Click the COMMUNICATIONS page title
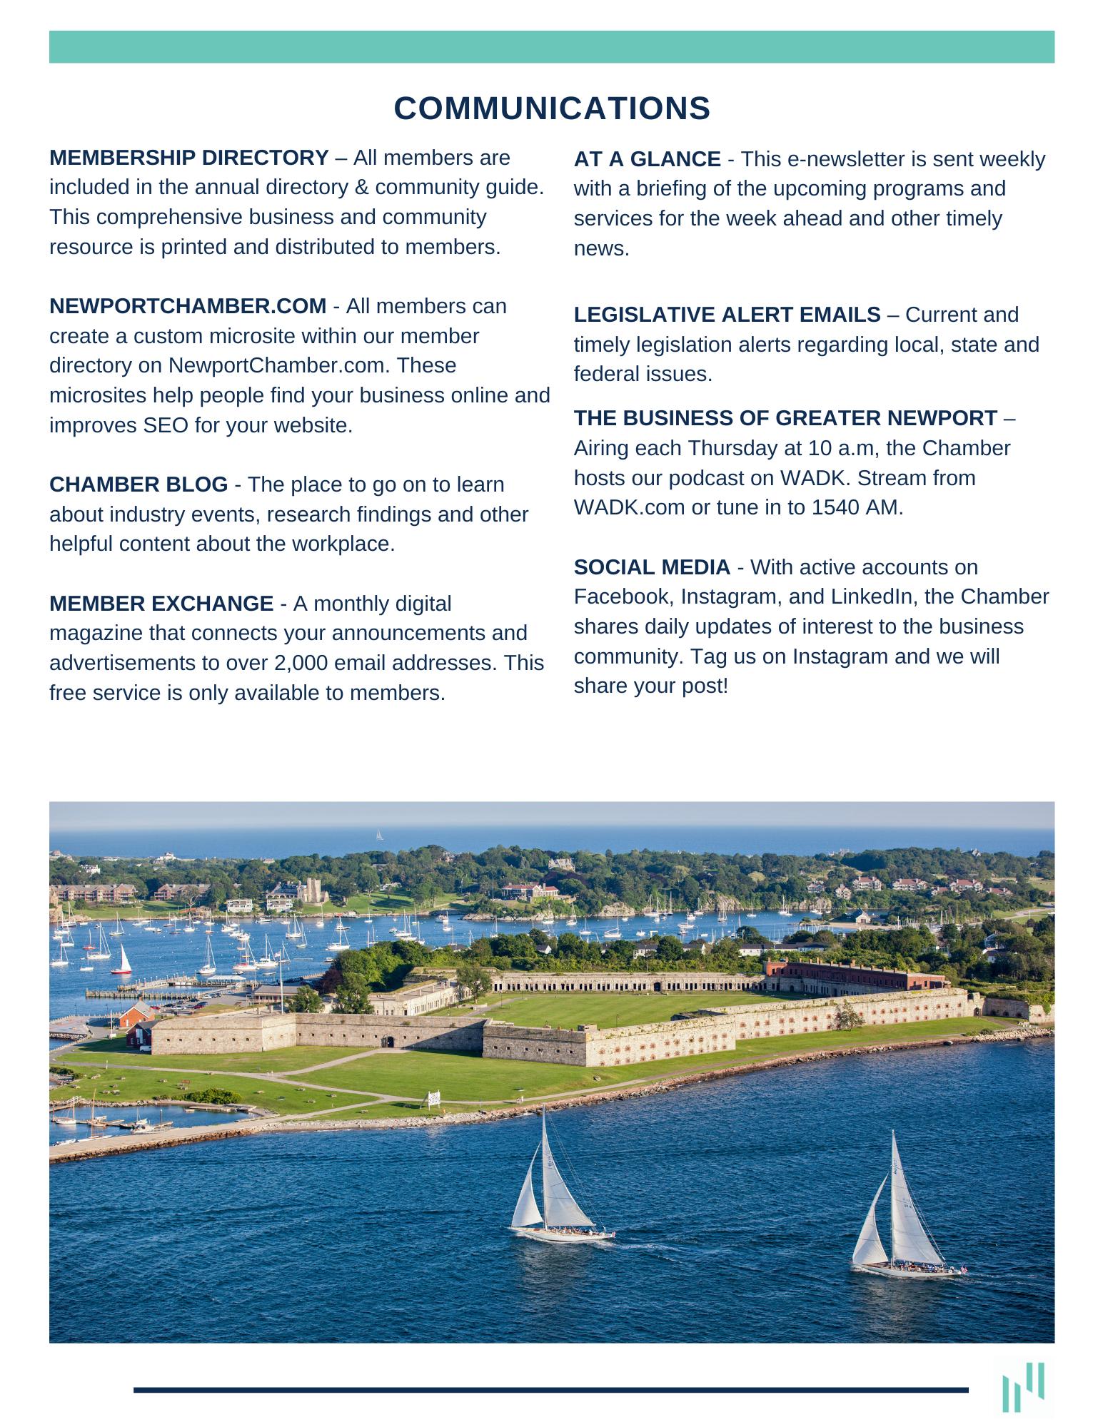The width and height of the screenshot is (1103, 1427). [552, 108]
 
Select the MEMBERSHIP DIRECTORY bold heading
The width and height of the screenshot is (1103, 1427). [189, 157]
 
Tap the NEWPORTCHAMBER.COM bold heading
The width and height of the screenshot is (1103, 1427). [188, 306]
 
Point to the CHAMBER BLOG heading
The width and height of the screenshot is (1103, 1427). [138, 484]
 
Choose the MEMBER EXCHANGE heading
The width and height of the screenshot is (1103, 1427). [161, 604]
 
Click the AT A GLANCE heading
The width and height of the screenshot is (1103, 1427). [647, 159]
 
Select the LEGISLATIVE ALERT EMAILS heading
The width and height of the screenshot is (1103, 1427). [727, 315]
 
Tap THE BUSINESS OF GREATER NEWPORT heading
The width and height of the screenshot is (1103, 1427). [785, 418]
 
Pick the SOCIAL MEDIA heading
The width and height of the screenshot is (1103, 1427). [652, 567]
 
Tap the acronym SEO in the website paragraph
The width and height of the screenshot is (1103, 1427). [166, 425]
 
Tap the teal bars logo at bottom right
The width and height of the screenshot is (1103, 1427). [1023, 1386]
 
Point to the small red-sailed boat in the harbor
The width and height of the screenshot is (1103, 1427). [124, 960]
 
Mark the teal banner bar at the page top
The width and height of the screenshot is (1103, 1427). [551, 47]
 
